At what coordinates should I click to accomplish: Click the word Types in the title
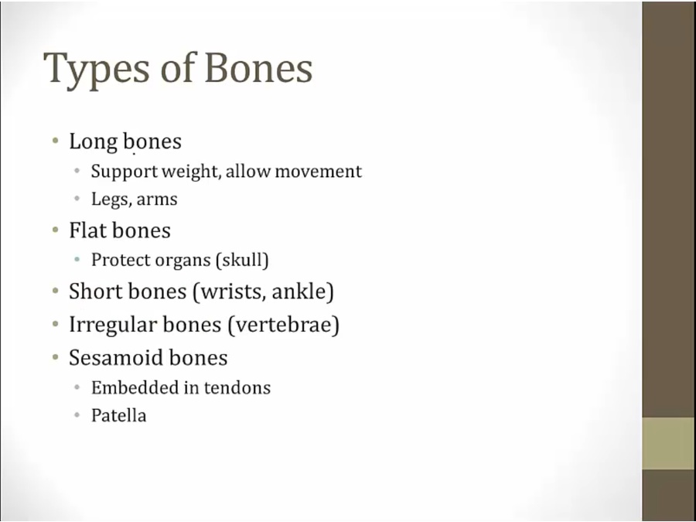point(97,70)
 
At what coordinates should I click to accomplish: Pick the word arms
point(157,200)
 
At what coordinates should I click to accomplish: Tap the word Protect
point(121,260)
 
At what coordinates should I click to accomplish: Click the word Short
point(95,292)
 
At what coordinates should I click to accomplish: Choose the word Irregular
point(113,326)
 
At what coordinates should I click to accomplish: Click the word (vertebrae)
point(283,325)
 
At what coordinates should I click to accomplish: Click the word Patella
point(118,416)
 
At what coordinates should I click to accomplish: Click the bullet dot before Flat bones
point(56,230)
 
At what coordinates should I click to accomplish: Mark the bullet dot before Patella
point(77,415)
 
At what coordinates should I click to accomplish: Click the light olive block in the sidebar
point(669,443)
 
